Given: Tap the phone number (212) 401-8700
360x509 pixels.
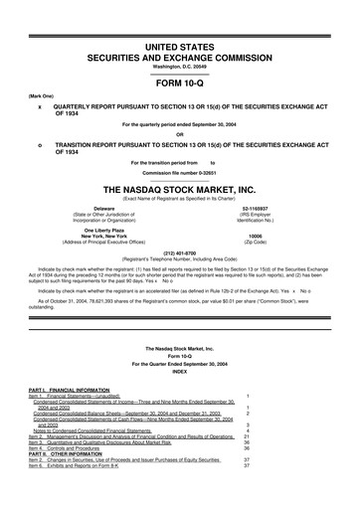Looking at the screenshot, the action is click(179, 252).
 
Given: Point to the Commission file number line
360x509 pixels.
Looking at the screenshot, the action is click(179, 170).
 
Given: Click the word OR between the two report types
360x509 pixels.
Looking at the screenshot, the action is click(179, 134).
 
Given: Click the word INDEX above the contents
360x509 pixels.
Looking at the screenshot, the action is click(179, 373).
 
